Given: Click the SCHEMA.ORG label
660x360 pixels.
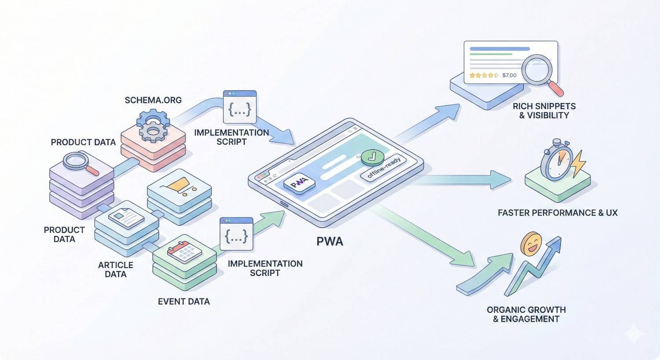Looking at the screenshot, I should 153,100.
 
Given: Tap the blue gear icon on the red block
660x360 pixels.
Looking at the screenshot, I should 153,125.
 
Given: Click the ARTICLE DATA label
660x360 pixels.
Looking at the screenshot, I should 115,269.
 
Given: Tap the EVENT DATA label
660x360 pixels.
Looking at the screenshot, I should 183,301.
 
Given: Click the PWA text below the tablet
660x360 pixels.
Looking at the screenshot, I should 330,241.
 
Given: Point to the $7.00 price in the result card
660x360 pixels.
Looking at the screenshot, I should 509,75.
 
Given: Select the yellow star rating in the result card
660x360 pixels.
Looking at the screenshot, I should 484,75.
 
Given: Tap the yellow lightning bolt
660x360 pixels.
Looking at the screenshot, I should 577,164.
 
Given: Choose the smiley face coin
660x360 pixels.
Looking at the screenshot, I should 531,243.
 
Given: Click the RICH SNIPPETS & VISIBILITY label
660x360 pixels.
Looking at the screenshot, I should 544,111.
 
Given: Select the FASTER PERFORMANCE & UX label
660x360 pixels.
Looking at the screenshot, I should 557,213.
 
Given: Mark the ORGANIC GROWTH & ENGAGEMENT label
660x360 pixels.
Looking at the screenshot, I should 526,314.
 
